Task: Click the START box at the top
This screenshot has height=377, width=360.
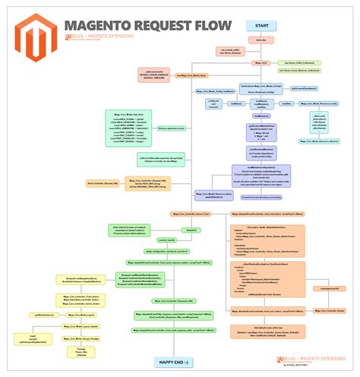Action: tap(262, 26)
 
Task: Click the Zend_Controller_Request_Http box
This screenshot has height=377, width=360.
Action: tap(104, 182)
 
